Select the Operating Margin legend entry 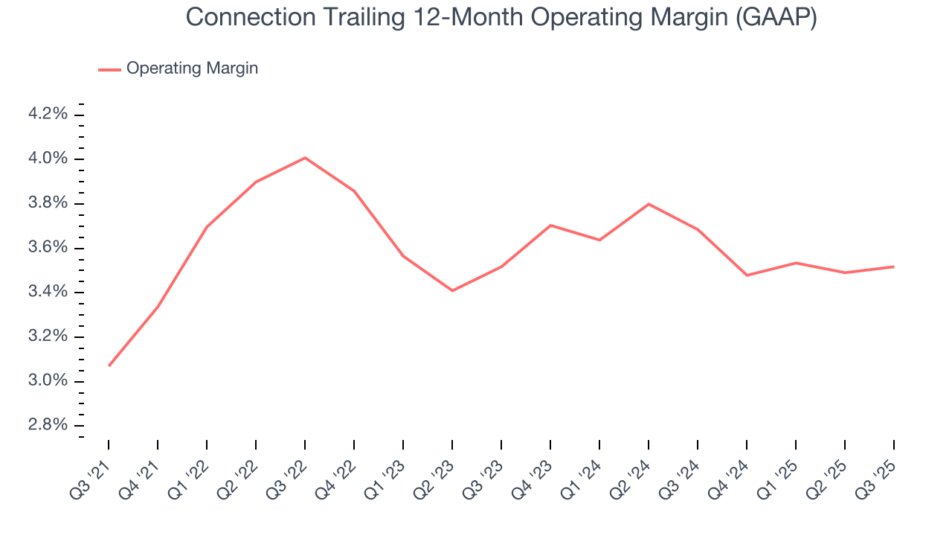coord(192,68)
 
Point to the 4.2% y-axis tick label coord(48,114)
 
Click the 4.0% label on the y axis coord(48,159)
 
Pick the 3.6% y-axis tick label coord(48,248)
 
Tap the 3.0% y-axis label coord(48,381)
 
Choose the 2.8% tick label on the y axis coord(48,425)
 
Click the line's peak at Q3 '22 coord(305,158)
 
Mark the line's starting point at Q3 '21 coord(109,366)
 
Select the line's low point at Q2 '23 coord(452,290)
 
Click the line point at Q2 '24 coord(649,204)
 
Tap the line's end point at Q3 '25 coord(893,267)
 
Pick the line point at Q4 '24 coord(747,275)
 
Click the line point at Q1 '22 coord(207,226)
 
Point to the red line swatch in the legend coord(109,69)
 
